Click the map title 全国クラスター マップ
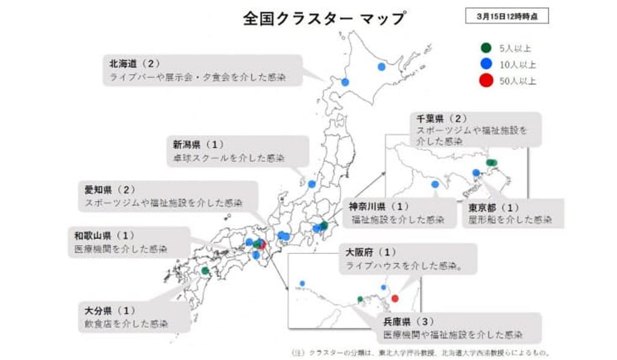[x=324, y=18]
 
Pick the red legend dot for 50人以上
[x=486, y=81]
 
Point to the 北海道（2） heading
[x=134, y=63]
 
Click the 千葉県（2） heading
[x=442, y=118]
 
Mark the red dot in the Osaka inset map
[x=395, y=298]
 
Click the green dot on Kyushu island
[x=205, y=271]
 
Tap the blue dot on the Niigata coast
[x=312, y=184]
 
